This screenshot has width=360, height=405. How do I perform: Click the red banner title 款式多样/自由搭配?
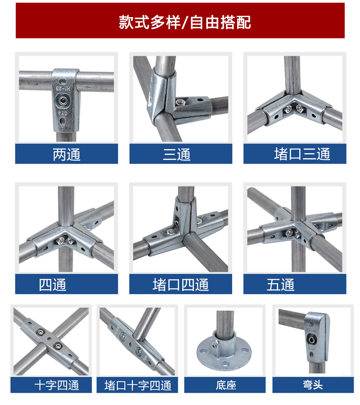(x=185, y=22)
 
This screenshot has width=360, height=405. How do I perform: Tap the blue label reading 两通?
(x=67, y=155)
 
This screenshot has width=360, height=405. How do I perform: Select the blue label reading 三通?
(x=177, y=155)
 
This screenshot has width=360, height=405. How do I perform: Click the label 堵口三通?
(x=302, y=154)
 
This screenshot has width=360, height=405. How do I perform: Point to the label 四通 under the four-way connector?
(x=53, y=285)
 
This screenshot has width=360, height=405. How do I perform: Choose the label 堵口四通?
(x=180, y=285)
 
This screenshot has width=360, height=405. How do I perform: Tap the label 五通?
(x=280, y=285)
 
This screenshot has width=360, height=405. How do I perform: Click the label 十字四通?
(x=57, y=385)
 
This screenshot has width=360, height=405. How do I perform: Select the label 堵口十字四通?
(x=138, y=385)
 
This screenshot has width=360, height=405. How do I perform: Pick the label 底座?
(x=226, y=385)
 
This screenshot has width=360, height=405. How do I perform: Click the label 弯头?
(x=313, y=385)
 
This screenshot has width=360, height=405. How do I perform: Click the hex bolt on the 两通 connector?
(x=63, y=100)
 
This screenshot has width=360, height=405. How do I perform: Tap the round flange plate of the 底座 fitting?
(x=224, y=353)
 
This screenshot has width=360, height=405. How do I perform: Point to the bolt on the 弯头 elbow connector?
(x=312, y=340)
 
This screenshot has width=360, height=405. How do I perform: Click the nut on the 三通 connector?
(x=181, y=102)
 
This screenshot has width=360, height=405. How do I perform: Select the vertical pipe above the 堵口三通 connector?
(x=292, y=75)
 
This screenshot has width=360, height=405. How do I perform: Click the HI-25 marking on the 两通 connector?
(x=63, y=89)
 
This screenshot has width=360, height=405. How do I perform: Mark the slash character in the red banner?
(x=184, y=23)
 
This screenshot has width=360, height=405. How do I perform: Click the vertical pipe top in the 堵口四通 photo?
(x=186, y=192)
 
